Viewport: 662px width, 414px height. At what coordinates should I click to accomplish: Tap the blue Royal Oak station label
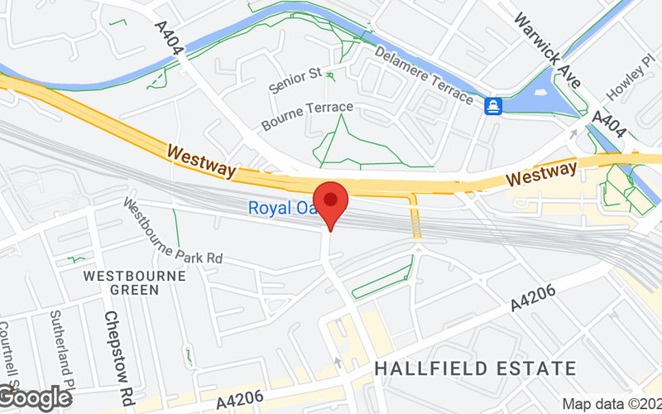click(x=281, y=209)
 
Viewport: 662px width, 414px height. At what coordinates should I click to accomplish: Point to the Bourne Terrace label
click(x=307, y=116)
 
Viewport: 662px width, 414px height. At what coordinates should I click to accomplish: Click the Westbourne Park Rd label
click(x=174, y=230)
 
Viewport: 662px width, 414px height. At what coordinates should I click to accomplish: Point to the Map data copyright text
click(x=612, y=404)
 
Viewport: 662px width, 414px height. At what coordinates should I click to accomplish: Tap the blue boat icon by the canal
click(x=493, y=105)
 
